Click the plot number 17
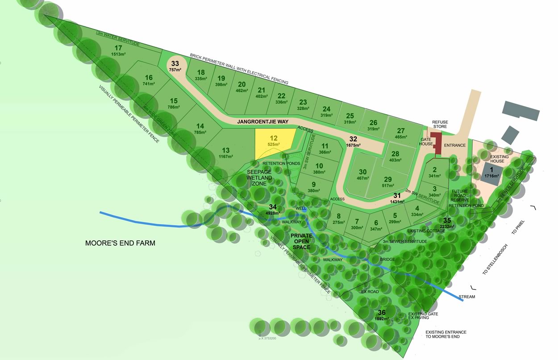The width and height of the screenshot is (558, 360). tap(118, 48)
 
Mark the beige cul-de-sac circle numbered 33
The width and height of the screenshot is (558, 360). tap(175, 64)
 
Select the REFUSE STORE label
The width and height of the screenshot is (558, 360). tap(440, 124)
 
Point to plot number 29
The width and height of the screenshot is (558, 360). tap(387, 179)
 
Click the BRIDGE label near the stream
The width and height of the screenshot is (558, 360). tap(387, 259)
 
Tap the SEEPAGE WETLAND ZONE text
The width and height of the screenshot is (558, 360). tap(259, 178)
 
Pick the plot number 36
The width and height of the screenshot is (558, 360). tap(382, 313)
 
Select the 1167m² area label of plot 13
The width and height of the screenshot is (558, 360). tap(226, 157)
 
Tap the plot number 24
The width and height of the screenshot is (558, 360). tap(326, 109)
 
